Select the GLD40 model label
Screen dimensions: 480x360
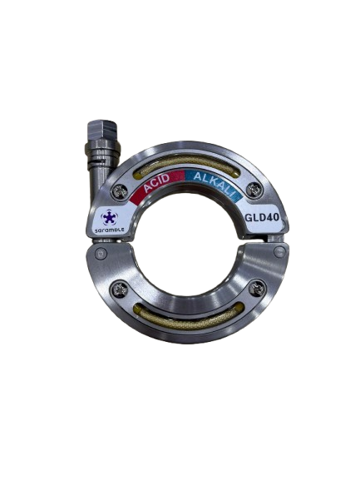tap(263, 219)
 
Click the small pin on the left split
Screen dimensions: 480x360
tap(101, 252)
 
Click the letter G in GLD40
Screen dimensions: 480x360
tap(249, 220)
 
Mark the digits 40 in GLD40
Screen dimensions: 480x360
tap(274, 219)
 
